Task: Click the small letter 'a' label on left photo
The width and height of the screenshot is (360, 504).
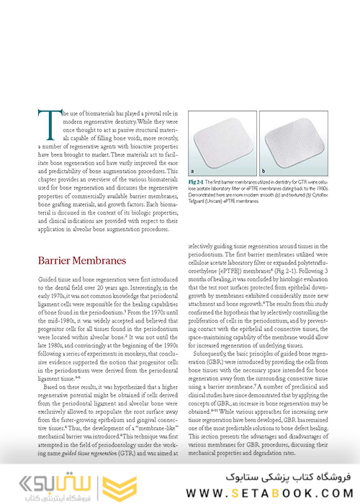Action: click(193, 169)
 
